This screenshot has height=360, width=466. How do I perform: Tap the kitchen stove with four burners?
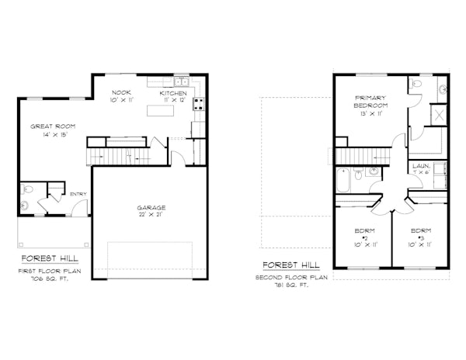pos(198,104)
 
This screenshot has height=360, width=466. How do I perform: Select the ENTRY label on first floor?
pos(78,194)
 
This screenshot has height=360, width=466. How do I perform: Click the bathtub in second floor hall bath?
pos(343,179)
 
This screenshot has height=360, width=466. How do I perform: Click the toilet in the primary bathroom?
pos(416,84)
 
